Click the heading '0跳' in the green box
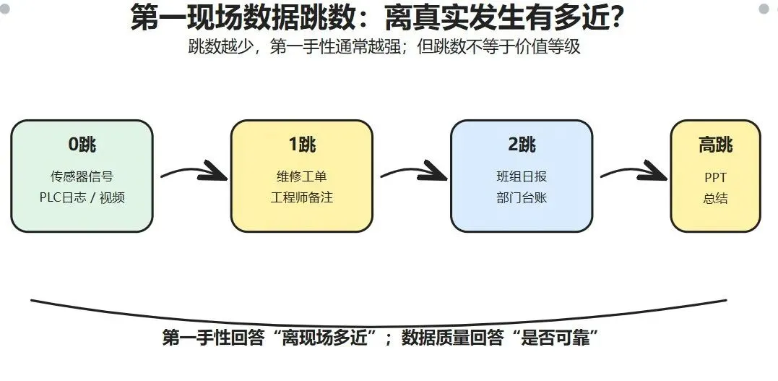[82, 144]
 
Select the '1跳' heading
[302, 144]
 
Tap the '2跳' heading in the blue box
[522, 144]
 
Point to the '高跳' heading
[715, 145]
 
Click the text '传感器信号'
[82, 176]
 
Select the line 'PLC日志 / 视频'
[82, 197]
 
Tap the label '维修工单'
[302, 176]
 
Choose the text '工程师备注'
[302, 197]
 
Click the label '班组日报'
[522, 176]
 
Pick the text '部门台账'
[522, 197]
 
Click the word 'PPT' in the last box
[715, 177]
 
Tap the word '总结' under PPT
[715, 198]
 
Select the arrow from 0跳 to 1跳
[194, 171]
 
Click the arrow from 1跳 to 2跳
[415, 171]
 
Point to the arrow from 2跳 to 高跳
[634, 171]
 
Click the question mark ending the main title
[617, 18]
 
